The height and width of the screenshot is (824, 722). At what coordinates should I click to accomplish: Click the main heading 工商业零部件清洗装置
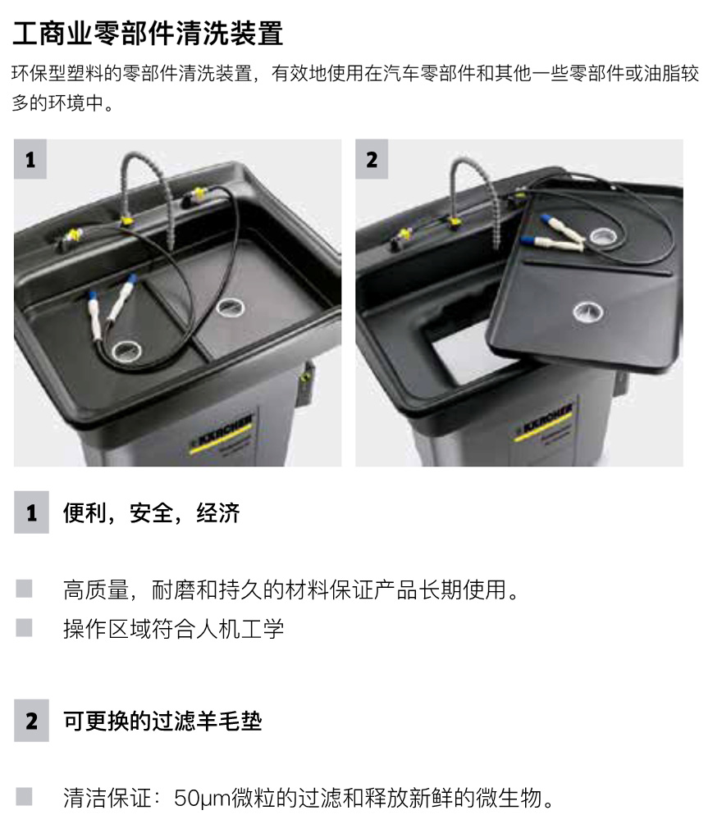[148, 33]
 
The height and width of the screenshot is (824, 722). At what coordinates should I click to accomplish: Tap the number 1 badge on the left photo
[30, 159]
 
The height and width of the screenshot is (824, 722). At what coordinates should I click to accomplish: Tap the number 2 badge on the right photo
[372, 159]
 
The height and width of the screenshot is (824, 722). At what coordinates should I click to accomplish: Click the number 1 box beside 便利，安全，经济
[31, 512]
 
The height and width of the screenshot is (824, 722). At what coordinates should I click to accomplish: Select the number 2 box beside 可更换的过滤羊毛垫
[31, 721]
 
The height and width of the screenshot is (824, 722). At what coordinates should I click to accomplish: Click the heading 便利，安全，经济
[152, 513]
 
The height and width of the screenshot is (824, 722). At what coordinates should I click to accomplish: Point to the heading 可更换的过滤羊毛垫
[162, 721]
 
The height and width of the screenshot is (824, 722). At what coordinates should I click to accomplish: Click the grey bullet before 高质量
[24, 589]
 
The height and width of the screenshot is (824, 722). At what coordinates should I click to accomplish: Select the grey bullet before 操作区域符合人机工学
[24, 627]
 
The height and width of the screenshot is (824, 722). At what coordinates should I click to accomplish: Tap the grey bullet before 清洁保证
[24, 796]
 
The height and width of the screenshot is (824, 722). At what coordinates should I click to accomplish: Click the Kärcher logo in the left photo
[221, 433]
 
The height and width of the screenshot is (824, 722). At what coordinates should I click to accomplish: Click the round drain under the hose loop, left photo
[126, 350]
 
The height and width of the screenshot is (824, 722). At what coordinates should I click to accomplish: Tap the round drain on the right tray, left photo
[231, 307]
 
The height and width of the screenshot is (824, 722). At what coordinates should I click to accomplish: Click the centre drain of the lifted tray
[588, 313]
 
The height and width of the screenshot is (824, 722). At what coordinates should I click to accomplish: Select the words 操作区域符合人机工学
[174, 629]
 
